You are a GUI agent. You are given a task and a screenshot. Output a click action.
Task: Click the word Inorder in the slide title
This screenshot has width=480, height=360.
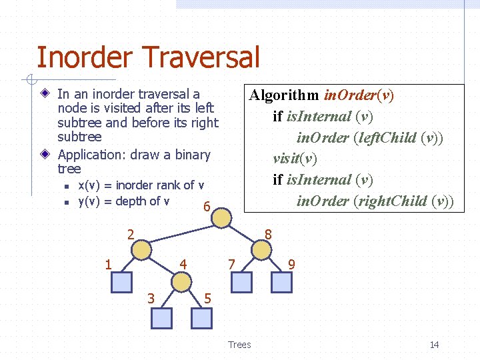pos(85,57)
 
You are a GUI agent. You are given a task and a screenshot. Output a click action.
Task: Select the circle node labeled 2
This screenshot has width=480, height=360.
pos(141,249)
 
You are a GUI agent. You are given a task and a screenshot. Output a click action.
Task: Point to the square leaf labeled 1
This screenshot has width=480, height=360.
pos(121,283)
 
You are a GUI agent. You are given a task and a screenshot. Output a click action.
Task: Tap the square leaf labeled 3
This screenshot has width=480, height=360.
pos(161,319)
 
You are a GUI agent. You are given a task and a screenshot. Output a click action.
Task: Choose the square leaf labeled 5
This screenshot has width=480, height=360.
pos(201,319)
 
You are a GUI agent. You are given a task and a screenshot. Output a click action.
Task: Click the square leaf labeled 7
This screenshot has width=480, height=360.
pos(241,283)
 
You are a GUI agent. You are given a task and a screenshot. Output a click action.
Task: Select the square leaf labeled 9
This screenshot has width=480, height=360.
pos(281,283)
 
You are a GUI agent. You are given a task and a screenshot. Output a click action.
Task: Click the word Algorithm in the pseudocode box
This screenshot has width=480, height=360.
pos(284,95)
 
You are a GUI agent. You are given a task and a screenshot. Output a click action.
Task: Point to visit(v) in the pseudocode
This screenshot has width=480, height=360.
pos(295,159)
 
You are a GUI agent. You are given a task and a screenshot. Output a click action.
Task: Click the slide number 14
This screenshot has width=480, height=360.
pos(434,345)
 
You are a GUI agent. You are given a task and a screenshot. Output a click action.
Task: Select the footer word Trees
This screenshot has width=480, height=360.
pos(239,345)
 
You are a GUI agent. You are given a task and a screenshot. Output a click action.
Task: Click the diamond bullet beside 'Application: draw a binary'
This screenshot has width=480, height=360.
pos(45,155)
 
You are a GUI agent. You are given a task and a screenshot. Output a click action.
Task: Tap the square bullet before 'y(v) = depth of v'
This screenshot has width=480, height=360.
pos(65,202)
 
